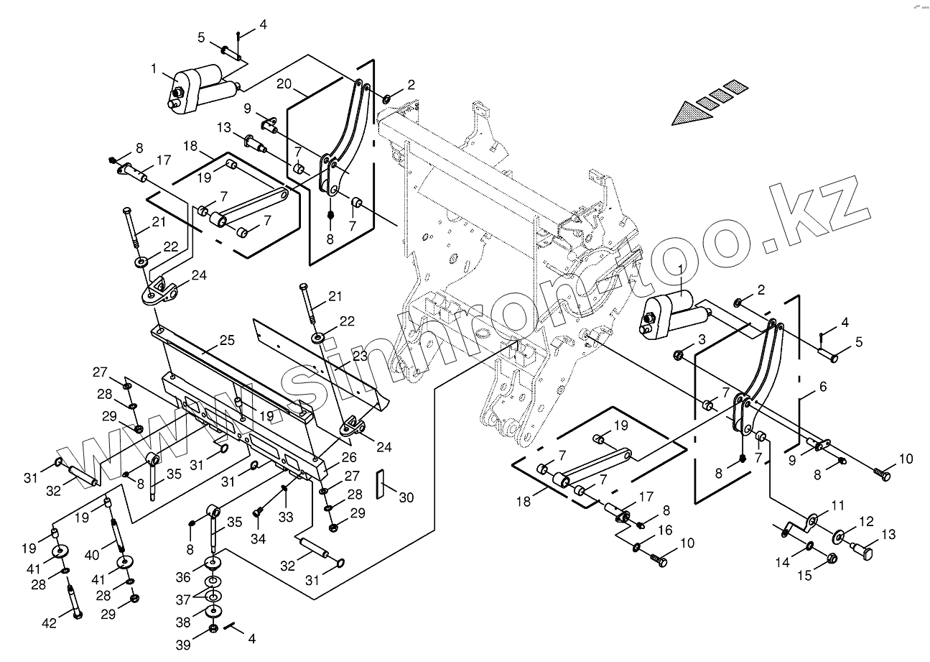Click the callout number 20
[284, 84]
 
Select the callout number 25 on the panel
[227, 339]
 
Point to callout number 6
[823, 387]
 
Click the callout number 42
[49, 624]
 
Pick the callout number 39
[184, 644]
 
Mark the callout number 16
[664, 530]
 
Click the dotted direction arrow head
[689, 115]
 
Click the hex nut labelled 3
[678, 354]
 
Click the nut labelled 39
[213, 629]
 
